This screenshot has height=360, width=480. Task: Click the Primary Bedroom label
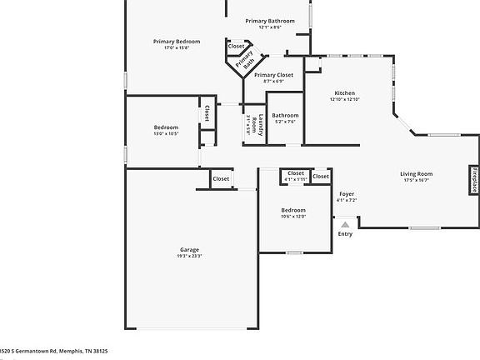click(177, 41)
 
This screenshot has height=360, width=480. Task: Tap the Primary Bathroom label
click(270, 21)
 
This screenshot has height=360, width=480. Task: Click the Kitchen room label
click(345, 92)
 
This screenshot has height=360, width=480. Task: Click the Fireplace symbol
click(474, 181)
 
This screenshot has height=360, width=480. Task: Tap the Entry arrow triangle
click(345, 224)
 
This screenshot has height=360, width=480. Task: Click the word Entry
click(345, 234)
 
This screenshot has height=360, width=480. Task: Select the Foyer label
click(347, 194)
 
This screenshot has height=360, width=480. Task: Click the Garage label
click(190, 249)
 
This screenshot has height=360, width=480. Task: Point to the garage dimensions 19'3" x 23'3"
click(190, 257)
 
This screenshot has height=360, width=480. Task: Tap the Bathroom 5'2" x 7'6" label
click(285, 116)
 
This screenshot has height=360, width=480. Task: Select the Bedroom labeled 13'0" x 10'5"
click(166, 127)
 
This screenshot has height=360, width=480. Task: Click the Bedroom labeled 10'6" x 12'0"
click(293, 210)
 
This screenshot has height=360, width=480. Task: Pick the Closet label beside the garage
click(221, 178)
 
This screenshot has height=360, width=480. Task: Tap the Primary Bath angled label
click(244, 60)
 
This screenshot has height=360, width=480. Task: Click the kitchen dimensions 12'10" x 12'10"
click(345, 100)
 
